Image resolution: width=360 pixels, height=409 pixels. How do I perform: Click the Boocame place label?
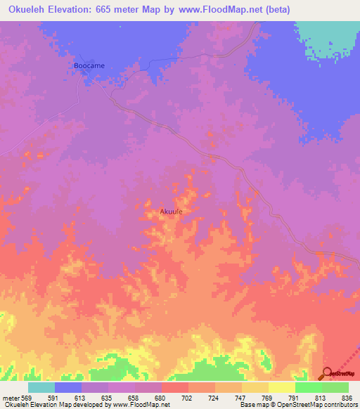pos(89,65)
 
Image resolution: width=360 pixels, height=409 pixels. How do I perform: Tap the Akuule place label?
pos(172,211)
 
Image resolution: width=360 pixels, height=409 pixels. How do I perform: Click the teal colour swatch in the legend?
pos(41,387)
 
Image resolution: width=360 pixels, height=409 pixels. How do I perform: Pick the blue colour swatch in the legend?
pos(68,387)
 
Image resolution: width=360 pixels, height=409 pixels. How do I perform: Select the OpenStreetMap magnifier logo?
pos(328,374)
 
